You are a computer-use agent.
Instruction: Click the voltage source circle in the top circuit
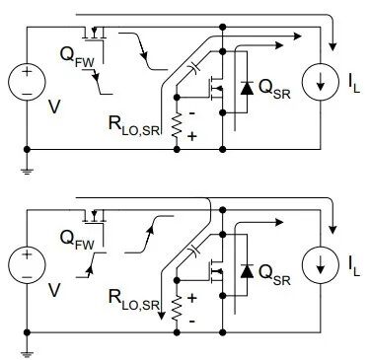pos(27,82)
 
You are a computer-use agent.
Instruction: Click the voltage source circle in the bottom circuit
pos(27,265)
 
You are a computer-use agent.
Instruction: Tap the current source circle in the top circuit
pos(321,82)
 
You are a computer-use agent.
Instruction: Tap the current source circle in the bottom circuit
pos(321,265)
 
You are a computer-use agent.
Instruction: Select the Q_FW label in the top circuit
pos(77,57)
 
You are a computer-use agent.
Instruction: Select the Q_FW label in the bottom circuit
pos(77,240)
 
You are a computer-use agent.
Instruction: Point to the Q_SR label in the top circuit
pos(274,89)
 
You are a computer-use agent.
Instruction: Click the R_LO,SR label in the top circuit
pos(134,125)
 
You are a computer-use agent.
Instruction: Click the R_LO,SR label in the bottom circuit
pos(134,300)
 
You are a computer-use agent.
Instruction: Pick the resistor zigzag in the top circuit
pos(177,125)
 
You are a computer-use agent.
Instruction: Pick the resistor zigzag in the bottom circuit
pos(177,308)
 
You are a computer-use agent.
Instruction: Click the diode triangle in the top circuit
pos(247,88)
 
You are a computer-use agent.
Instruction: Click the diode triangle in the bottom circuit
pos(247,271)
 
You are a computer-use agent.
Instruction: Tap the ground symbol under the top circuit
pos(27,171)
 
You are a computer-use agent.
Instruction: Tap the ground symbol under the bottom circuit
pos(27,354)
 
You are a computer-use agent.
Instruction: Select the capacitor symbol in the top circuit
pos(194,68)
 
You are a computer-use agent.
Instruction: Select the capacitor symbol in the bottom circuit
pos(194,251)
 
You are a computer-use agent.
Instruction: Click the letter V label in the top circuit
pos(54,107)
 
